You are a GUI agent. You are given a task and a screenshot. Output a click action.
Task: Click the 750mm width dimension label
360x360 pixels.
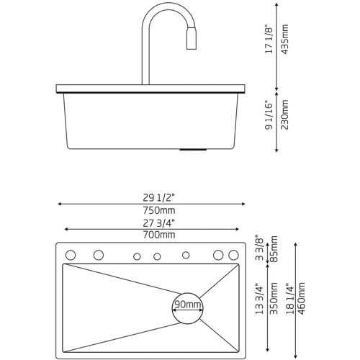[159, 210]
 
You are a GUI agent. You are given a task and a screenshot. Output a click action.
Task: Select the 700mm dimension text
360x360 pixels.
[159, 235]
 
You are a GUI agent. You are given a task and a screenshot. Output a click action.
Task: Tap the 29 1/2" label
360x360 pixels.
[159, 197]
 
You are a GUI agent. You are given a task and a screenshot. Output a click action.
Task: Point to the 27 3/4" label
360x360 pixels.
[159, 223]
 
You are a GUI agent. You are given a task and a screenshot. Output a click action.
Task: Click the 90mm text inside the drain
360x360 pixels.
[188, 305]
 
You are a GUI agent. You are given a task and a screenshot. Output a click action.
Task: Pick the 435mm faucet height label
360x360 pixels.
[284, 39]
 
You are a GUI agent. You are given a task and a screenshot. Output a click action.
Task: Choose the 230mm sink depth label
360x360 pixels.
[284, 114]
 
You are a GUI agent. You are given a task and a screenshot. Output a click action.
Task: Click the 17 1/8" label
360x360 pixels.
[269, 39]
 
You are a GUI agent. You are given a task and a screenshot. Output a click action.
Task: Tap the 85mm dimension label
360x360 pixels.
[274, 249]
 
